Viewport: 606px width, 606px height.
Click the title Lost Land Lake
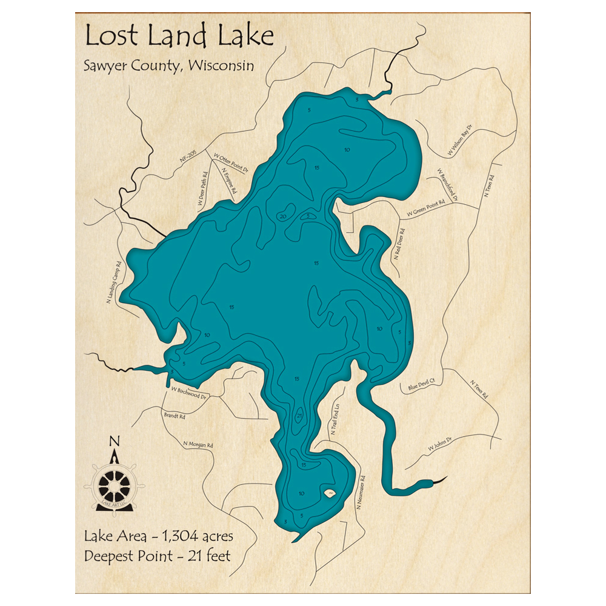[179, 36]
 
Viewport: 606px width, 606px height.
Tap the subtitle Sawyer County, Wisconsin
[168, 66]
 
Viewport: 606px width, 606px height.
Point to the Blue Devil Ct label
[422, 384]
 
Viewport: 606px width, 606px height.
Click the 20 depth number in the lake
[282, 216]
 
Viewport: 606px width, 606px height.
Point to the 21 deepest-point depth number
[299, 416]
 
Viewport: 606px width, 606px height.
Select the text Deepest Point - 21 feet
[158, 555]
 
